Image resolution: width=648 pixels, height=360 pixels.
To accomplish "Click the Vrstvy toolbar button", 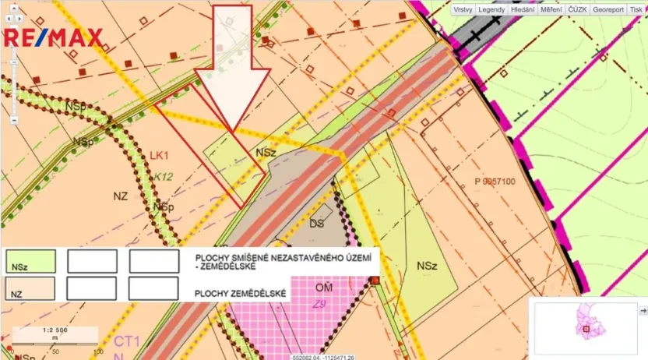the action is [463, 9].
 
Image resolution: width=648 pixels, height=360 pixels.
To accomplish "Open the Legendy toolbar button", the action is [491, 9].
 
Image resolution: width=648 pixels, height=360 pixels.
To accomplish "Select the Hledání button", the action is [522, 9].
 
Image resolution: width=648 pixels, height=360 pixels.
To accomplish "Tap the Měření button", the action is [551, 9].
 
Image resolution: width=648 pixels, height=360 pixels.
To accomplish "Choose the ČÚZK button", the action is [577, 9].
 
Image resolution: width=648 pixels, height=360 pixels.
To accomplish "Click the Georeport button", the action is [607, 9].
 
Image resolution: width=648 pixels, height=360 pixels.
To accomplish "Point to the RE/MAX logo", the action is [54, 37].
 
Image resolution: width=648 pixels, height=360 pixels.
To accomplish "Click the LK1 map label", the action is [159, 155].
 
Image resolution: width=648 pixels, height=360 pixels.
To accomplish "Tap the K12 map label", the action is [163, 177].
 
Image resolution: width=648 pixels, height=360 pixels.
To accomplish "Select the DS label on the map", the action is [316, 224].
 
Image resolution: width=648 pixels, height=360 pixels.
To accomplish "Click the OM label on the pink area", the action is [324, 288].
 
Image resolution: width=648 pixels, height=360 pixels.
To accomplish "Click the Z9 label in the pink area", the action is [319, 303].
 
